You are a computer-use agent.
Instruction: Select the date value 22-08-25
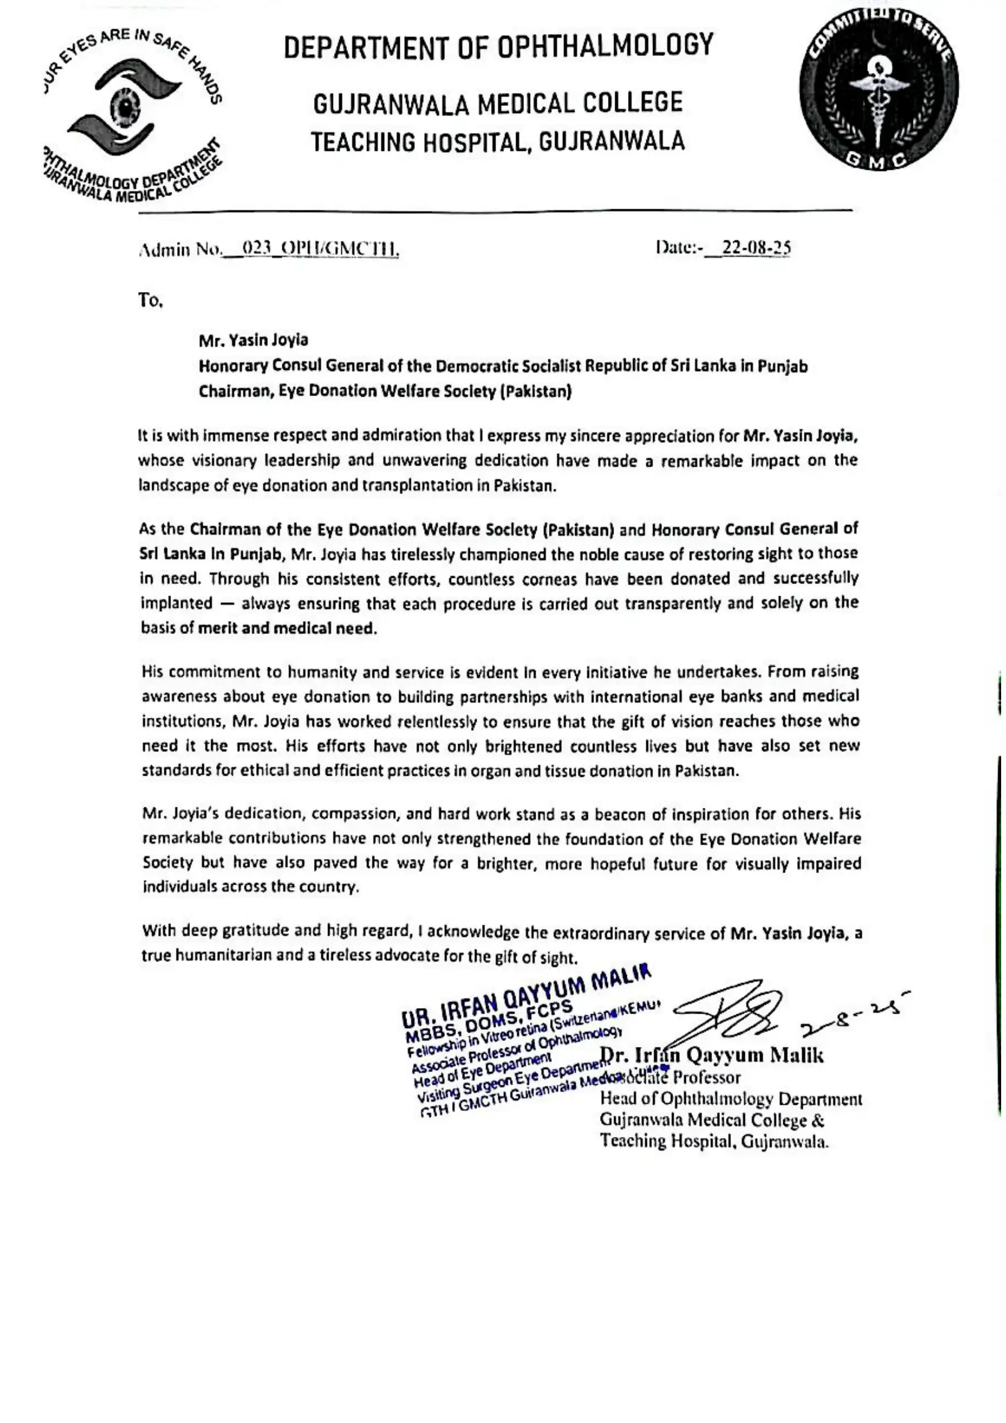752,248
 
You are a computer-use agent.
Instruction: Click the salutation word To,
150,301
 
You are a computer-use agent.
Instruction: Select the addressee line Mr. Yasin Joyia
253,340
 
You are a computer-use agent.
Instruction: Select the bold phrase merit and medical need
287,628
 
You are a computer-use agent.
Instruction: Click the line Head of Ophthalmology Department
731,1099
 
